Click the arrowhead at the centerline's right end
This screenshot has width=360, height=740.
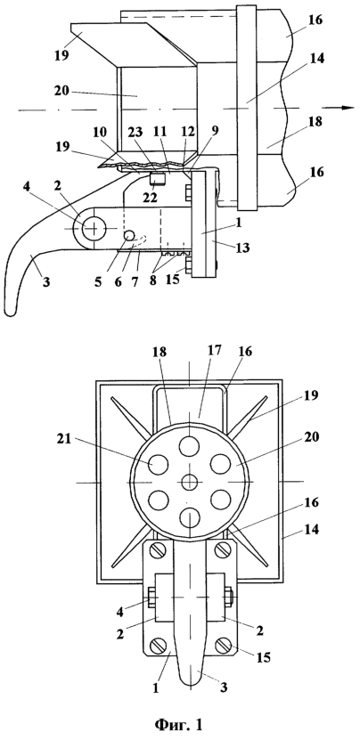348,108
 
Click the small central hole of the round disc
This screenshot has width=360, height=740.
190,482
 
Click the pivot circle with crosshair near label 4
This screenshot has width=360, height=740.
94,229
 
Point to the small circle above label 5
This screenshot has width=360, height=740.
128,234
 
